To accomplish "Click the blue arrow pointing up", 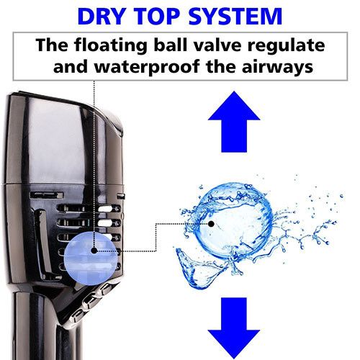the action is (x=234, y=122).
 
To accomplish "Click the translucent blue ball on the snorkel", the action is (x=91, y=258).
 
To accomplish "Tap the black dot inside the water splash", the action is (x=211, y=224).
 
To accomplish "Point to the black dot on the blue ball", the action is (x=94, y=251).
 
